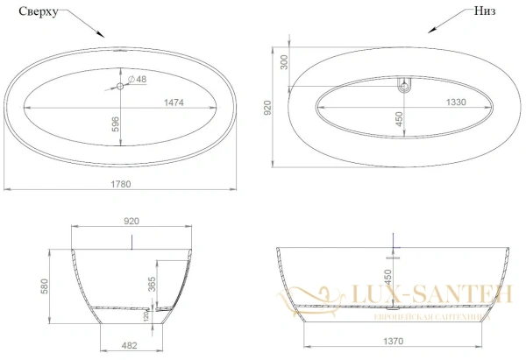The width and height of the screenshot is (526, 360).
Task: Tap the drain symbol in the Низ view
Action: pos(404,86)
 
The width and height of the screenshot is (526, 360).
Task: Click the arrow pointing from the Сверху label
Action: pos(84,25)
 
